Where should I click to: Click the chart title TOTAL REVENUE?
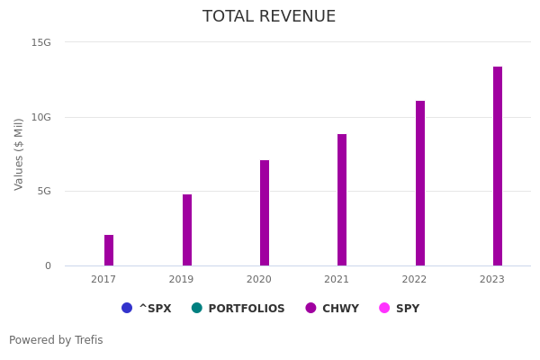point(269,17)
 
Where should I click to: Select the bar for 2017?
point(109,250)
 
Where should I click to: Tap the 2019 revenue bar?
point(187,230)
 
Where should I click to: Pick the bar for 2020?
point(265,213)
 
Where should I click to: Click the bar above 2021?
point(342,200)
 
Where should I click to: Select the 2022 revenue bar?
point(420,184)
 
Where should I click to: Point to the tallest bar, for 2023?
point(498,166)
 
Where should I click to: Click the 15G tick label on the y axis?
point(41,42)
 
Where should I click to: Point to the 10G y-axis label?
point(41,117)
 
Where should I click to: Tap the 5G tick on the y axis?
point(44,191)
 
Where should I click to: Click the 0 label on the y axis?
point(48,265)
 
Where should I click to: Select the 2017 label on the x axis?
point(103,280)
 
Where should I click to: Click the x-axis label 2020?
point(259,280)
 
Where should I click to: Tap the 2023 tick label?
point(492,280)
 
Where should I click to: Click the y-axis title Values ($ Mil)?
point(19,154)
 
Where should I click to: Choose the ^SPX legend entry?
point(147,309)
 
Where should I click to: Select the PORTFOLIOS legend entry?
point(238,309)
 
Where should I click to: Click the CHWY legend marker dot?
point(310,308)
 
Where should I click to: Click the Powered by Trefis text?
point(56,340)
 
